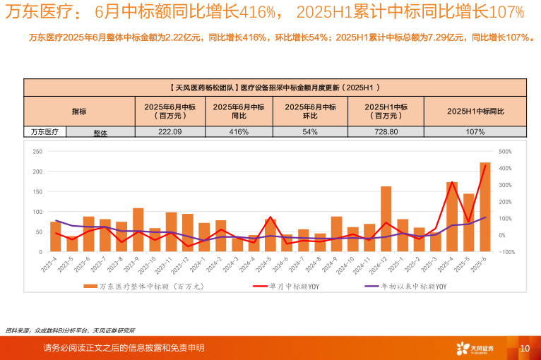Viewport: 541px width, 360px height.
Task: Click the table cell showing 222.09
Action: point(170,132)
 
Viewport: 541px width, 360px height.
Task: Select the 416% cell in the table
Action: point(239,132)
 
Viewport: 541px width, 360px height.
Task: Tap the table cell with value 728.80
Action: point(386,132)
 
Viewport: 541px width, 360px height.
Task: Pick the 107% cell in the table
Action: point(475,132)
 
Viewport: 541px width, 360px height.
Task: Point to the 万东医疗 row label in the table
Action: point(44,131)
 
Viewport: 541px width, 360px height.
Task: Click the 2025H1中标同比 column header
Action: point(475,112)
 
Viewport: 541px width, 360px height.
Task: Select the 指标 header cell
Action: point(79,112)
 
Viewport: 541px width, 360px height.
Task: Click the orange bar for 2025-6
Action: point(485,207)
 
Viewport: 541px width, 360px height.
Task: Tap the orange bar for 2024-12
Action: point(386,219)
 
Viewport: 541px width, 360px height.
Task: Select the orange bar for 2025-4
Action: point(452,216)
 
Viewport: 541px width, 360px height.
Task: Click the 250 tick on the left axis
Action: point(37,151)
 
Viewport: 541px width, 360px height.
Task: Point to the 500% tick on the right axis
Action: point(505,151)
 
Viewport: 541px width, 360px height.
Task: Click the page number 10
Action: point(524,348)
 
